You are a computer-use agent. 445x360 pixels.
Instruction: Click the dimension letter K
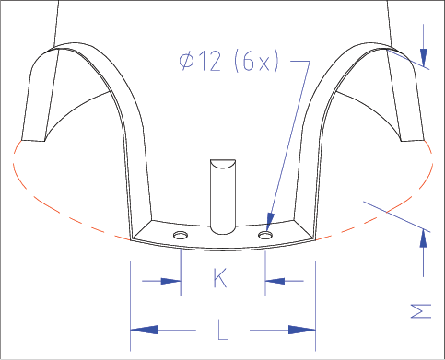point(220,278)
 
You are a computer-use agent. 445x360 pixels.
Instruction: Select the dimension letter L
point(223,330)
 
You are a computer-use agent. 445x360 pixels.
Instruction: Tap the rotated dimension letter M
point(421,311)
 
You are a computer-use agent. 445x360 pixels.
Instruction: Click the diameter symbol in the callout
point(187,61)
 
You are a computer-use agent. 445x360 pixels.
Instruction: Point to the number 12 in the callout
point(210,61)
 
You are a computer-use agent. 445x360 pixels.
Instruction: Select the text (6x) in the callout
point(257,61)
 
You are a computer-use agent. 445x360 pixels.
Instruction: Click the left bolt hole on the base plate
point(181,236)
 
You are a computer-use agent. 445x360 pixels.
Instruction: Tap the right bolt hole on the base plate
point(265,236)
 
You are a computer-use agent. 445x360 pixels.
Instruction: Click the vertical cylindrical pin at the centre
point(223,197)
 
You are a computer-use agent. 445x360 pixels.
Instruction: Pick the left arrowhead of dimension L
point(144,330)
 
